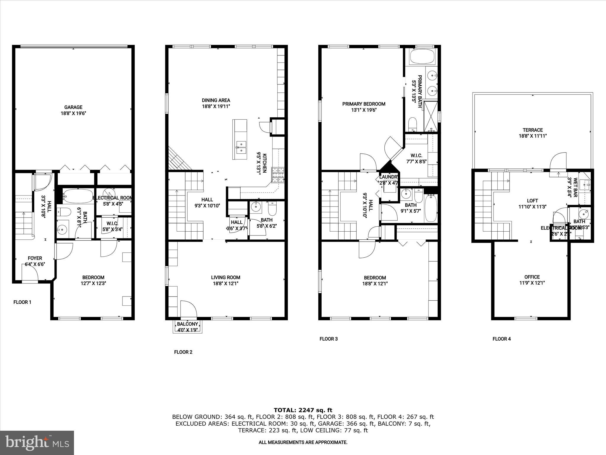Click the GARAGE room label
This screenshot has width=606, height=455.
[73, 107]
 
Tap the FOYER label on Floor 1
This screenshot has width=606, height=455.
[35, 258]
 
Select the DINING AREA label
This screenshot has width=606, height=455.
[216, 100]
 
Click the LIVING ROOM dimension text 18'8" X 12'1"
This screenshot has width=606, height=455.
[225, 283]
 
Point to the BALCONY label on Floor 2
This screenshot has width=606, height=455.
[187, 324]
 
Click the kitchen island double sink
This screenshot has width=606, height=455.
[241, 147]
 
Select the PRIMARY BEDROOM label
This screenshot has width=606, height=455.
[364, 104]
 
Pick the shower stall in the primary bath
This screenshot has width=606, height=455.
[431, 116]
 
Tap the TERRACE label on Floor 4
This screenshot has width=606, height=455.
[533, 130]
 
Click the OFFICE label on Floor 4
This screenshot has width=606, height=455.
[532, 277]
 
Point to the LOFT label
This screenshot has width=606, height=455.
[532, 201]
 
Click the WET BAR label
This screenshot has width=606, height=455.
[576, 187]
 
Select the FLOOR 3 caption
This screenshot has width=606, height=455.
[328, 339]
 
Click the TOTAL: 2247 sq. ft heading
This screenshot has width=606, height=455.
[303, 410]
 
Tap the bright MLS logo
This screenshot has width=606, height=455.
[37, 443]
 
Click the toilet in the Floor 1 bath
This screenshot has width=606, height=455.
[64, 212]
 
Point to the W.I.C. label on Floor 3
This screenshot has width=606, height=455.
[416, 156]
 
